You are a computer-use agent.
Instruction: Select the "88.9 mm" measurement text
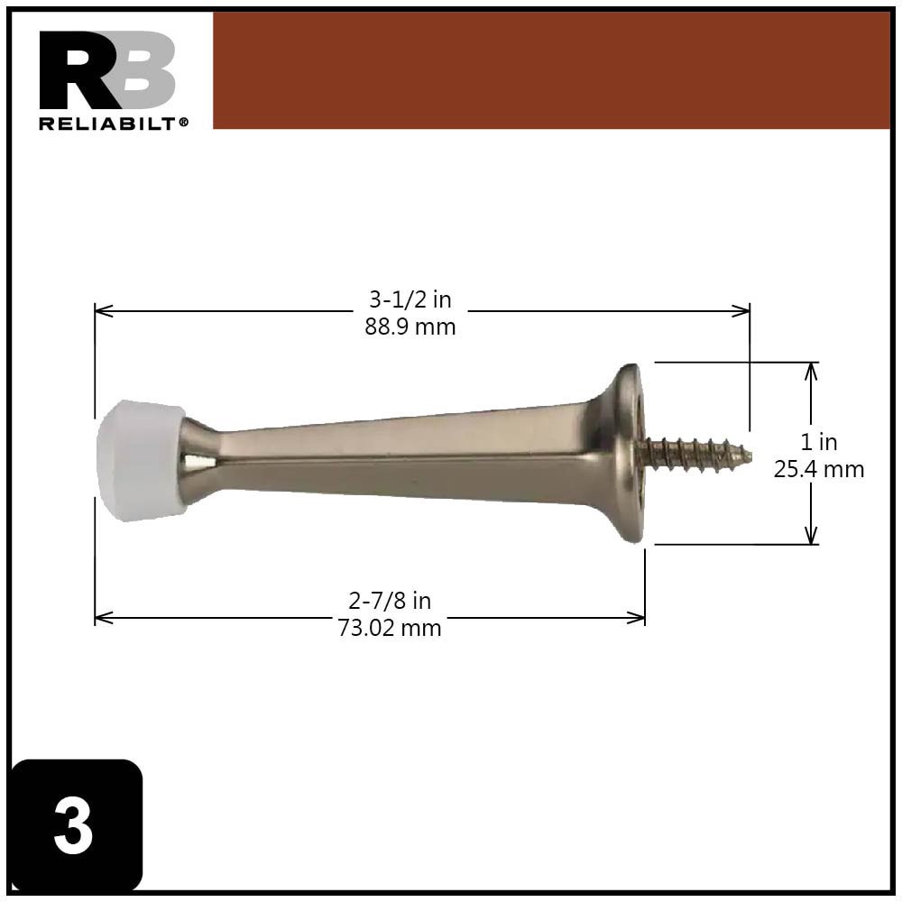[x=410, y=327]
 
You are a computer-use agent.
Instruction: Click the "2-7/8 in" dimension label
[x=390, y=601]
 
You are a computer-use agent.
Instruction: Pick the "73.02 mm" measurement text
[x=390, y=628]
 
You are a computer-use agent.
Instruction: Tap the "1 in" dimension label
[x=819, y=442]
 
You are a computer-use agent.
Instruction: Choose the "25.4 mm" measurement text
[x=819, y=469]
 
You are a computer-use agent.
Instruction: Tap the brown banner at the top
[x=550, y=70]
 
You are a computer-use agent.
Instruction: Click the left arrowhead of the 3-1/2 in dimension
[x=101, y=311]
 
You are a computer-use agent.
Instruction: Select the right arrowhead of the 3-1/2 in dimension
[x=743, y=311]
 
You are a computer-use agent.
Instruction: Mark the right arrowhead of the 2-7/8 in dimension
[x=639, y=618]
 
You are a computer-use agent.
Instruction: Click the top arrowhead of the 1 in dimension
[x=812, y=369]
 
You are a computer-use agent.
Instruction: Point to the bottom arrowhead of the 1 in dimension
[x=812, y=538]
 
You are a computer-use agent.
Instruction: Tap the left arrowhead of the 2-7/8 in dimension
[x=101, y=618]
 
